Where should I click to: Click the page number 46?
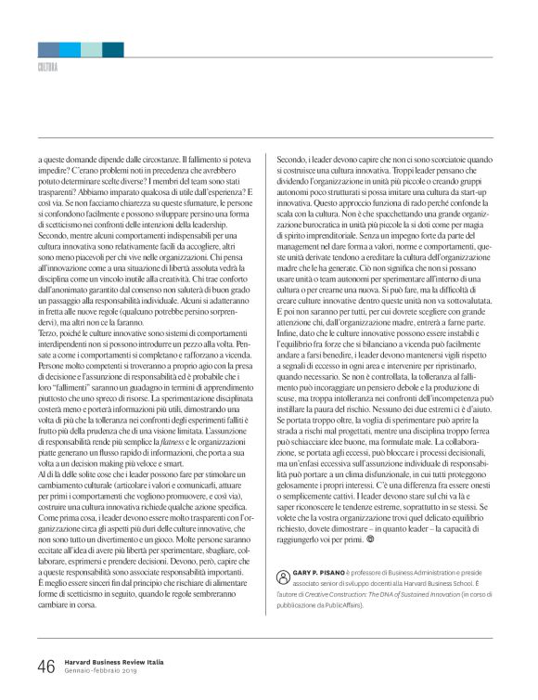(45, 667)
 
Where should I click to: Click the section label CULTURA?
(47, 67)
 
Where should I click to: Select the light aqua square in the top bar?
(91, 49)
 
